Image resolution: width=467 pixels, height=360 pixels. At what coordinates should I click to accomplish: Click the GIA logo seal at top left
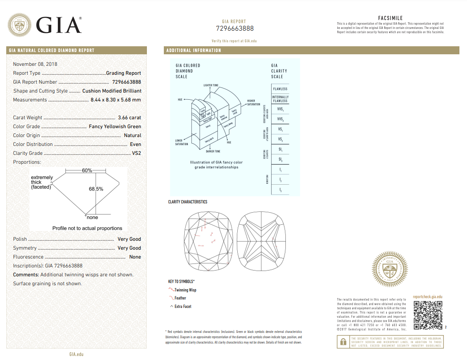(x=19, y=25)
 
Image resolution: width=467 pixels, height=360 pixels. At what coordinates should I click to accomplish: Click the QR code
(x=428, y=315)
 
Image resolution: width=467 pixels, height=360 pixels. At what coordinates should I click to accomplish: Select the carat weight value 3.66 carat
(x=129, y=117)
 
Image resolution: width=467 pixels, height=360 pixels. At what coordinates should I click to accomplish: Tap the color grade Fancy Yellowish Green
(x=115, y=126)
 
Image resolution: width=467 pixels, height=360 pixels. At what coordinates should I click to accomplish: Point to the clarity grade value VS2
(x=136, y=153)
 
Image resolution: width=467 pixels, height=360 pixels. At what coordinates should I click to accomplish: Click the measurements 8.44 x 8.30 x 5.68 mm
(x=115, y=100)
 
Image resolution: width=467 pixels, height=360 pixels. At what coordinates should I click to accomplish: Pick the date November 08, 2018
(x=35, y=64)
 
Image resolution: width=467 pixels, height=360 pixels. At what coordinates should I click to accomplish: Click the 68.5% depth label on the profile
(x=96, y=189)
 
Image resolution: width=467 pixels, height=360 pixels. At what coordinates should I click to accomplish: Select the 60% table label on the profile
(x=87, y=170)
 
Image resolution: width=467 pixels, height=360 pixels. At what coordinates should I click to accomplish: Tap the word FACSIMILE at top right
(x=390, y=18)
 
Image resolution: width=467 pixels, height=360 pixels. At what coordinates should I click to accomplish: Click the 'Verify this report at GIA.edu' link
(x=234, y=41)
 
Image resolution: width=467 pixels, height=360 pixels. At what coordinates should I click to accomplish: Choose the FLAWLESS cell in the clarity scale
(x=280, y=89)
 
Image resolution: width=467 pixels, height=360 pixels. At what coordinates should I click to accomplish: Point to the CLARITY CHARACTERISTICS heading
(x=187, y=202)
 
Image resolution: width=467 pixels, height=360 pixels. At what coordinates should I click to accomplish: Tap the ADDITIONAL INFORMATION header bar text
(x=194, y=50)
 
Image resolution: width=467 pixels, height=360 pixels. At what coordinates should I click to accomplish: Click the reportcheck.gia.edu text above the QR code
(x=427, y=297)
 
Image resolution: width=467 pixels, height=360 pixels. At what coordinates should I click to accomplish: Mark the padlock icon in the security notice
(x=343, y=342)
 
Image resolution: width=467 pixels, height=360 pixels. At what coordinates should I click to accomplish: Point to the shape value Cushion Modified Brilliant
(x=112, y=91)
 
